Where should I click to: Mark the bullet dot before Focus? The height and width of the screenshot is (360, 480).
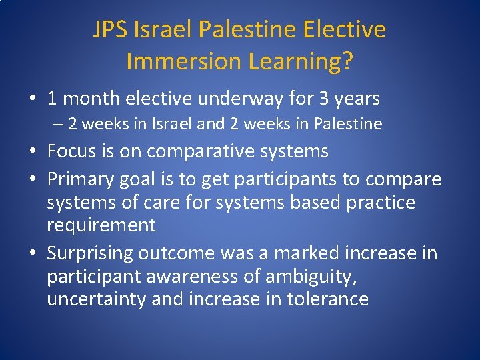coord(33,151)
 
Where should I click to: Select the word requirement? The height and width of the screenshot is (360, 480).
coord(101,225)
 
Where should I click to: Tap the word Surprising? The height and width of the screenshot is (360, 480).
coord(90,253)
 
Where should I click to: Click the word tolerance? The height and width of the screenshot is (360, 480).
coord(327,299)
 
